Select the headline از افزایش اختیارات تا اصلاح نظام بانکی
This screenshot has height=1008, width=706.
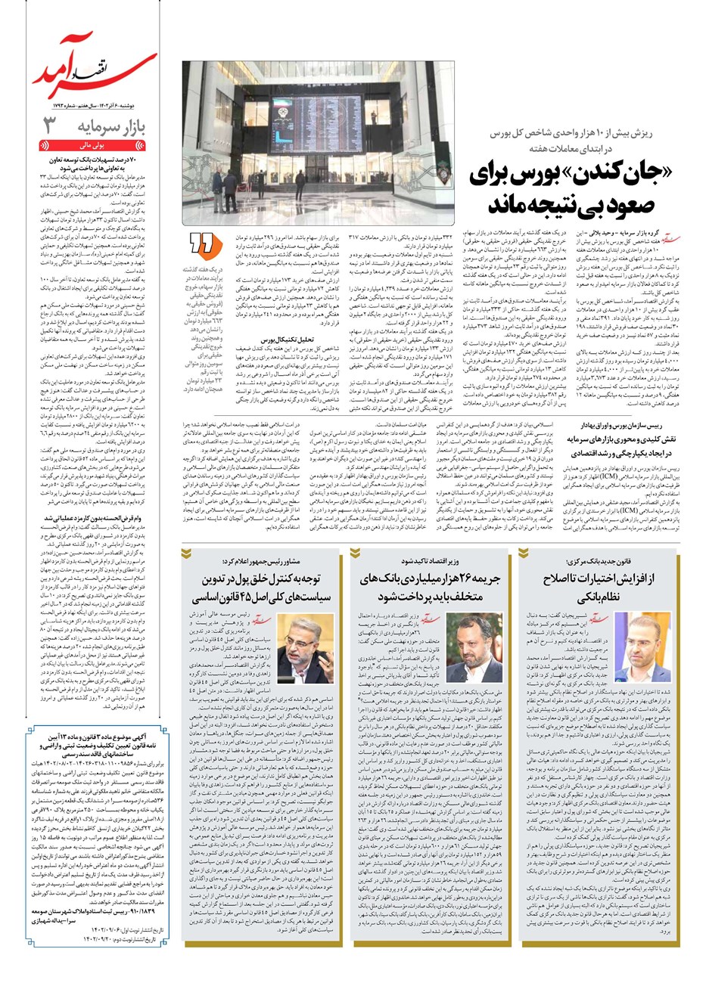pyautogui.click(x=598, y=588)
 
